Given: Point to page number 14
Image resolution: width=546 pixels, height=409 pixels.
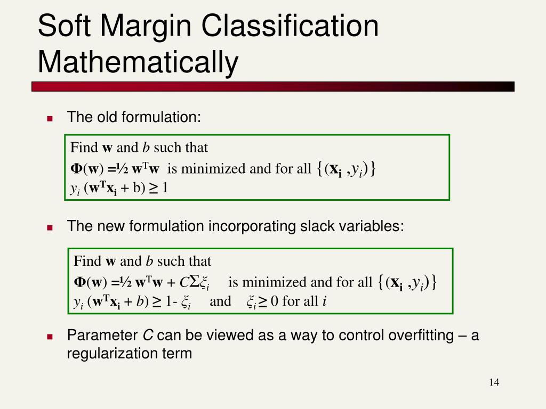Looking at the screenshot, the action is coord(494,382).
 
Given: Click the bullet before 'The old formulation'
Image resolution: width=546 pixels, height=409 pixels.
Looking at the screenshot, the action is coord(50,119).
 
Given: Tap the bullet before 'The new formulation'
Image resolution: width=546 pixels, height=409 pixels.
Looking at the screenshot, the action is coord(50,228).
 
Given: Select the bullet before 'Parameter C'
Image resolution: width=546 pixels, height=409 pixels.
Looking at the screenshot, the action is coord(50,337).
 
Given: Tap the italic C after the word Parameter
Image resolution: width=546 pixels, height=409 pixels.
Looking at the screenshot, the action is coord(148,336).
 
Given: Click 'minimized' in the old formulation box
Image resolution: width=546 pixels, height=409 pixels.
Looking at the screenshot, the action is coord(213,169).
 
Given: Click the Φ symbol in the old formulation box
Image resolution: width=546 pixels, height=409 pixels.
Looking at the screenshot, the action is coord(76,168).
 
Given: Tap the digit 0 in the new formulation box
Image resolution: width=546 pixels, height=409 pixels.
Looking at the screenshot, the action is coord(275,301).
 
